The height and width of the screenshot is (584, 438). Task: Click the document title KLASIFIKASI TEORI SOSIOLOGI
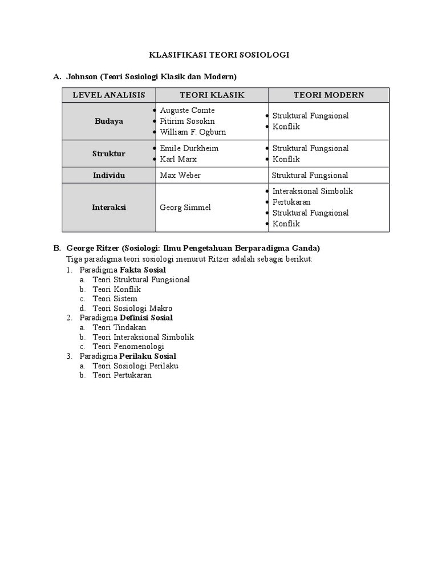pyautogui.click(x=219, y=55)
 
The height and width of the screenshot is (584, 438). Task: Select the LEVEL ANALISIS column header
pyautogui.click(x=108, y=95)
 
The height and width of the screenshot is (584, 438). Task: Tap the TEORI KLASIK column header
pyautogui.click(x=212, y=95)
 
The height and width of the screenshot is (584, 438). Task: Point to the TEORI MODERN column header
pyautogui.click(x=328, y=95)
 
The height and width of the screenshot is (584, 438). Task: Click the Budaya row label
pyautogui.click(x=108, y=121)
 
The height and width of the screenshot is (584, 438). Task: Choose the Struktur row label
pyautogui.click(x=108, y=154)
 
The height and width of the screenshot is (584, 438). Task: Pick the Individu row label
pyautogui.click(x=108, y=176)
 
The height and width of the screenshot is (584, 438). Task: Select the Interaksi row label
pyautogui.click(x=108, y=208)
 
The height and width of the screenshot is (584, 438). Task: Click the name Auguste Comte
pyautogui.click(x=187, y=111)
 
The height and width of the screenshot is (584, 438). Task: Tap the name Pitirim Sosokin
pyautogui.click(x=188, y=121)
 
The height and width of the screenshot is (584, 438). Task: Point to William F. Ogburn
pyautogui.click(x=193, y=132)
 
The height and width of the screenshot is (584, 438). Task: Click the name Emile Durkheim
pyautogui.click(x=189, y=148)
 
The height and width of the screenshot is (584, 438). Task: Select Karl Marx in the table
pyautogui.click(x=178, y=159)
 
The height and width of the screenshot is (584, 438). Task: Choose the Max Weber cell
pyautogui.click(x=180, y=176)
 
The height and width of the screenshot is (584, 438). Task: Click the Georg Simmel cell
pyautogui.click(x=185, y=208)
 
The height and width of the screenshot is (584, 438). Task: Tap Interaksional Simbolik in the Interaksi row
pyautogui.click(x=313, y=192)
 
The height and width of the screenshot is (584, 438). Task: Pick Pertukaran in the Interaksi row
pyautogui.click(x=291, y=202)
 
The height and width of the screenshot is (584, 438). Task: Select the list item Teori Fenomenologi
pyautogui.click(x=128, y=347)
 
